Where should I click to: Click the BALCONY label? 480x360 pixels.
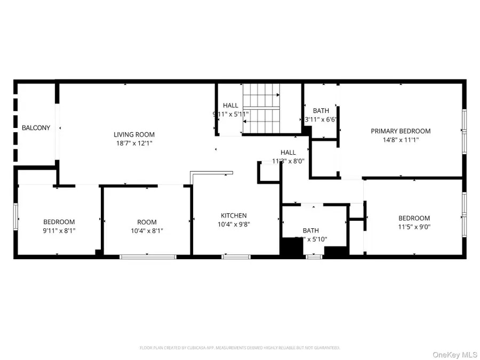click(x=36, y=128)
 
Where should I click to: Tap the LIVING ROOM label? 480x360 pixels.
click(x=134, y=135)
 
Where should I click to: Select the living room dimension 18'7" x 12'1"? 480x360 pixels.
click(x=134, y=143)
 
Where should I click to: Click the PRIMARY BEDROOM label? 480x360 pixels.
click(x=401, y=131)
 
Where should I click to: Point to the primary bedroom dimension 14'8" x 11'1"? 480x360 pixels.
click(x=401, y=140)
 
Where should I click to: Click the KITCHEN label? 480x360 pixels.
click(x=234, y=215)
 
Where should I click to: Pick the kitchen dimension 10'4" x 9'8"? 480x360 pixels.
click(x=234, y=224)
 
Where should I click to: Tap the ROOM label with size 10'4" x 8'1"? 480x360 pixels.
click(x=147, y=222)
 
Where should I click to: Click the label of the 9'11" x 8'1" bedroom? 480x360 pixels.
click(x=59, y=222)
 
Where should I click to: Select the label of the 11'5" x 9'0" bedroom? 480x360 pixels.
click(x=414, y=218)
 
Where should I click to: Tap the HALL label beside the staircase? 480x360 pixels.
click(x=230, y=106)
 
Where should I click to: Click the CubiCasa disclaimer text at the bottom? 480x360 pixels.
click(x=239, y=348)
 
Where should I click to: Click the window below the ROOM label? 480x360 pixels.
click(x=148, y=257)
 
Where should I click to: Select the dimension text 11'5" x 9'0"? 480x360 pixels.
click(x=414, y=227)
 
